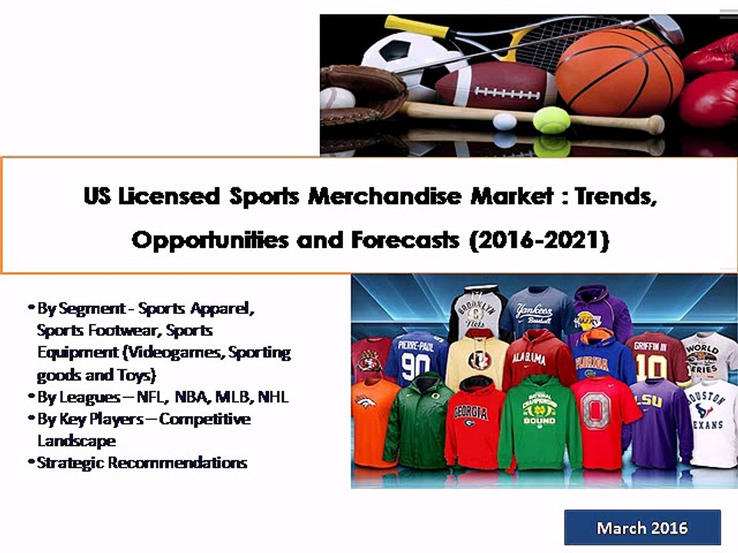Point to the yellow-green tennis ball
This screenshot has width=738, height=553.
pos(551,120)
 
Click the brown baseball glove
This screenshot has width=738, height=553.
pos(362,93)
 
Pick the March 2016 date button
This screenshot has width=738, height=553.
pos(642,528)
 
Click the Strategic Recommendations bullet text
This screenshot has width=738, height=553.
pos(142,462)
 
